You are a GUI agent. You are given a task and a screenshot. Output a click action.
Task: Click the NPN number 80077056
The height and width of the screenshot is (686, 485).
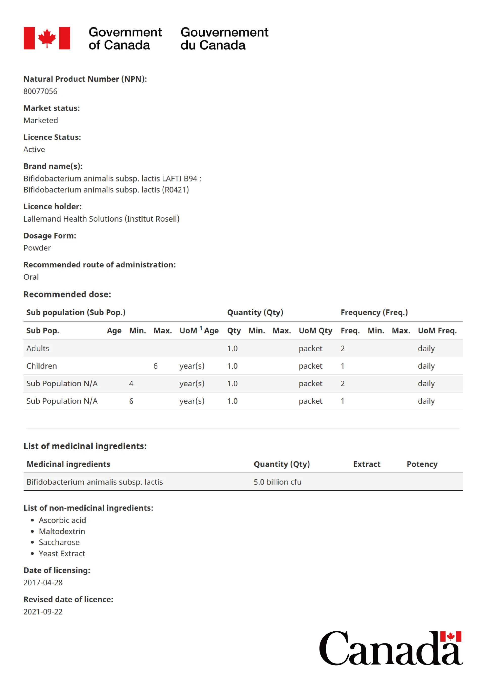pyautogui.click(x=40, y=92)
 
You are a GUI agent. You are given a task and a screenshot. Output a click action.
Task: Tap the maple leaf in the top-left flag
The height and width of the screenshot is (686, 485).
pyautogui.click(x=47, y=38)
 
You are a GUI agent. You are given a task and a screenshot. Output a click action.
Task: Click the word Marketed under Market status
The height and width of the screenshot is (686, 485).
pyautogui.click(x=41, y=120)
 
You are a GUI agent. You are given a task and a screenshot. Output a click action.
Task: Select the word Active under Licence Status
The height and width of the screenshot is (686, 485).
pyautogui.click(x=34, y=149)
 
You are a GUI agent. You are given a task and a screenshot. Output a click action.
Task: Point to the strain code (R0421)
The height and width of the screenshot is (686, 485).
pyautogui.click(x=175, y=190)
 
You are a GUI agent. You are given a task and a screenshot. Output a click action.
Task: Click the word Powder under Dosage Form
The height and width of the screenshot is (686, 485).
pyautogui.click(x=37, y=248)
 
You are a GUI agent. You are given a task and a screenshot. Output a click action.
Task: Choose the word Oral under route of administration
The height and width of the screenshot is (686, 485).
pyautogui.click(x=31, y=277)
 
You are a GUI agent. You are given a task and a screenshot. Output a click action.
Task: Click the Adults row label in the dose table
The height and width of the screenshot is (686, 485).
pyautogui.click(x=38, y=348)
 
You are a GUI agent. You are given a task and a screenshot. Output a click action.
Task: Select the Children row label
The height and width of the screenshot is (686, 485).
pyautogui.click(x=41, y=366)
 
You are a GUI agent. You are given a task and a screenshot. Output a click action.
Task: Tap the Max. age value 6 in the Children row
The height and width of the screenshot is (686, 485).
pyautogui.click(x=155, y=366)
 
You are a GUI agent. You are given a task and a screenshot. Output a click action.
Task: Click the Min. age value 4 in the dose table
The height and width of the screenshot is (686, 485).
pyautogui.click(x=131, y=383)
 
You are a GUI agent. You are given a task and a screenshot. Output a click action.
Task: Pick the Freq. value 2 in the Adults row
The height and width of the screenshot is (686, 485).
pyautogui.click(x=343, y=348)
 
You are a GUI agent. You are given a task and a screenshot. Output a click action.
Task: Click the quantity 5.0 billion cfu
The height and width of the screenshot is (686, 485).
pyautogui.click(x=277, y=482)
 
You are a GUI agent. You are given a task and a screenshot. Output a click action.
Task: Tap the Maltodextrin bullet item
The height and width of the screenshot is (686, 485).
pyautogui.click(x=62, y=532)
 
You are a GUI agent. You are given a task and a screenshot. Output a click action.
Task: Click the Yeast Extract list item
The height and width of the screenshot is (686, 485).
pyautogui.click(x=62, y=554)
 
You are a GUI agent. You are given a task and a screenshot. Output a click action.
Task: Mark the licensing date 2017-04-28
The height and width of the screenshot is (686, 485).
pyautogui.click(x=43, y=583)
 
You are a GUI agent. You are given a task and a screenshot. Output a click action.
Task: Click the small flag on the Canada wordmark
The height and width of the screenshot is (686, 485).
pyautogui.click(x=450, y=637)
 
